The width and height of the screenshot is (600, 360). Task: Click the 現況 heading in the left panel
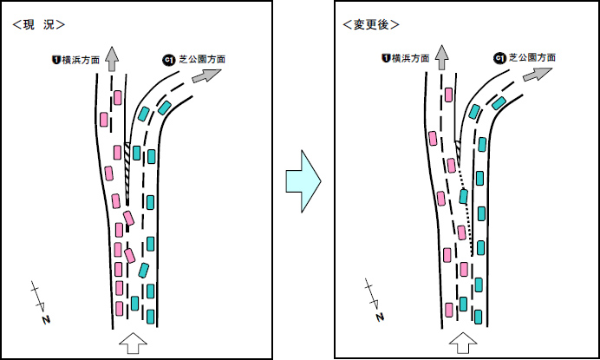point(39,24)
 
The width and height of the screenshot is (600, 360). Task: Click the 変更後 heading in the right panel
point(371,24)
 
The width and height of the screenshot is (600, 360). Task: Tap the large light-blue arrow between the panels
point(303,181)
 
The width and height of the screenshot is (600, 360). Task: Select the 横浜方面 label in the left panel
point(81,60)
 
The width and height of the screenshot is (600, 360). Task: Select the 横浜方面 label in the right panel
point(411,58)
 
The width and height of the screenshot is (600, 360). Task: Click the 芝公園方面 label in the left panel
point(202,59)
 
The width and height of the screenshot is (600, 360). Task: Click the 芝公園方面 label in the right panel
point(532,58)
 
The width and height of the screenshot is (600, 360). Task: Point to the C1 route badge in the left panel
point(169,60)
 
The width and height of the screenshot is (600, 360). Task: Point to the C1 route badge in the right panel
point(499,58)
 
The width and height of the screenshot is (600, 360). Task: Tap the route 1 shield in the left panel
point(56,60)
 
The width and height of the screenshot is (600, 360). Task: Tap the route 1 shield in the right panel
point(386,58)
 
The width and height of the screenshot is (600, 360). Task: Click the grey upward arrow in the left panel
point(111,59)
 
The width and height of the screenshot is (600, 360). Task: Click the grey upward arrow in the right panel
point(442,57)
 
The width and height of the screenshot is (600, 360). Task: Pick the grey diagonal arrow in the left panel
point(206,75)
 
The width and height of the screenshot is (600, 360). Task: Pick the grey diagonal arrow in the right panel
point(538,74)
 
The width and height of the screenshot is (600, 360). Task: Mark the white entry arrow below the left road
point(134,343)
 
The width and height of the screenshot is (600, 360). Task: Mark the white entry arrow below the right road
point(463,343)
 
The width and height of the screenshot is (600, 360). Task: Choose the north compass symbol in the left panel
point(41,303)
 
